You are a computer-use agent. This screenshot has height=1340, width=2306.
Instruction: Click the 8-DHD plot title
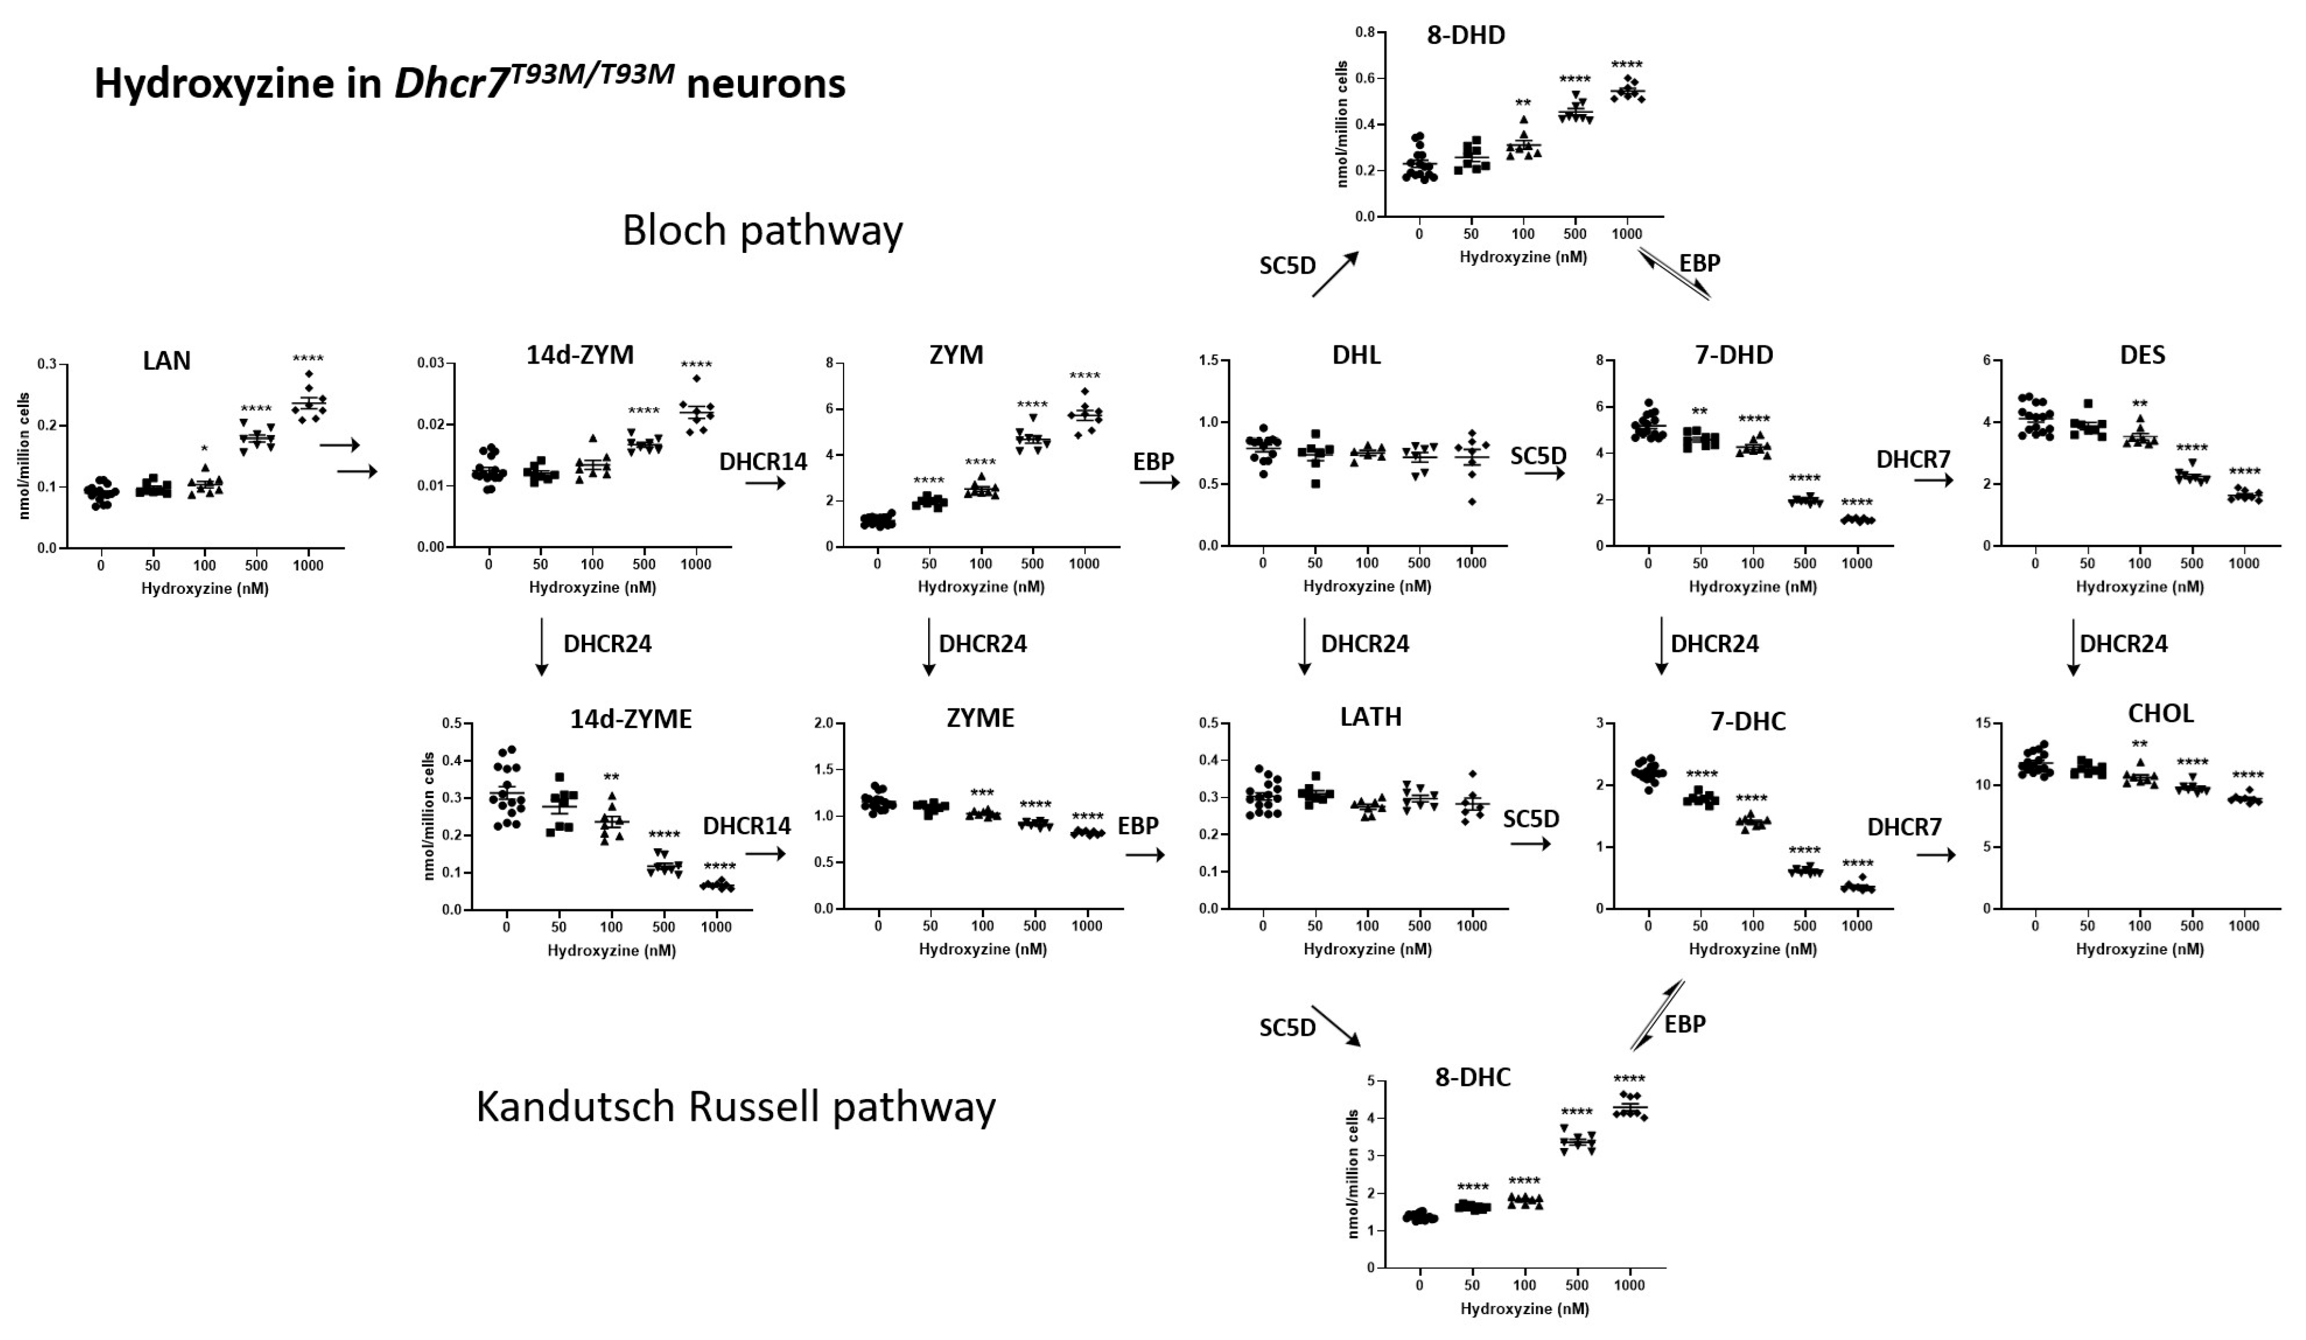pos(1466,36)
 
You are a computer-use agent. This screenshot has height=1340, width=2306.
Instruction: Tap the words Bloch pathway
pos(762,231)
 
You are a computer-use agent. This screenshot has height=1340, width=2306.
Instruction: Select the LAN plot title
pos(166,361)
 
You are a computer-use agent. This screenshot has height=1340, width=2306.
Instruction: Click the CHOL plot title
pos(2160,714)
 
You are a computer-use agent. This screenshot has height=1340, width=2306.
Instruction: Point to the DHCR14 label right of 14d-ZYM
pos(763,461)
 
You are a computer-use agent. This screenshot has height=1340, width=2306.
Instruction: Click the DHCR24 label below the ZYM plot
pos(983,645)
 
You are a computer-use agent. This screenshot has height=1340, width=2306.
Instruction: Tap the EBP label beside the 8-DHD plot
pos(1699,264)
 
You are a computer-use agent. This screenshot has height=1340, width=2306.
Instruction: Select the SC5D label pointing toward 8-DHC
pos(1288,1028)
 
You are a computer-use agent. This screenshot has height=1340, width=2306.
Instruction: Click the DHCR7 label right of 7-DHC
pos(1904,827)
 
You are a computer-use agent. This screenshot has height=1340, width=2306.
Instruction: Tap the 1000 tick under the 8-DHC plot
pos(1629,1285)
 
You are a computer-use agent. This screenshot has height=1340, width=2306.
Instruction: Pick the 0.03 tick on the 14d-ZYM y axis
pos(431,364)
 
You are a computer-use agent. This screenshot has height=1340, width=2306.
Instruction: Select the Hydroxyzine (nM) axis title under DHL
pos(1367,586)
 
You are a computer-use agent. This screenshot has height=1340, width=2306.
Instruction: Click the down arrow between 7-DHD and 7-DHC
pos(1661,646)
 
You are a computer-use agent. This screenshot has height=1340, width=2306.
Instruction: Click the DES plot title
pos(2142,355)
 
